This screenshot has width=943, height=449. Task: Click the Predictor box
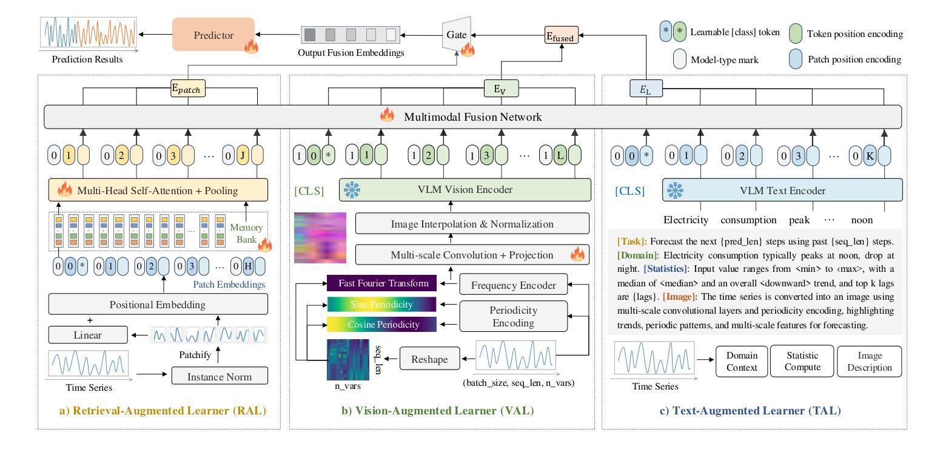[213, 35]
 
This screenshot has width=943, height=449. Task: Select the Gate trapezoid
[457, 35]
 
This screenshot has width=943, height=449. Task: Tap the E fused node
[562, 35]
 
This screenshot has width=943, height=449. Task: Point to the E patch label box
[188, 89]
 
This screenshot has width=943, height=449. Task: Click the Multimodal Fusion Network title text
[473, 116]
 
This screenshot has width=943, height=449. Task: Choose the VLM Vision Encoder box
[465, 189]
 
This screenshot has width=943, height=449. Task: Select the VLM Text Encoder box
[782, 190]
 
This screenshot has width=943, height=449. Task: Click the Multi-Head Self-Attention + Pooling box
[158, 190]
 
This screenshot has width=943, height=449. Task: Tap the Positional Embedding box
[158, 304]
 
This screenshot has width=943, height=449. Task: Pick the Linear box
[88, 335]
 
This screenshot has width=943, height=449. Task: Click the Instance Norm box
[220, 376]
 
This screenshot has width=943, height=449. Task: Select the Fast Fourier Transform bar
[382, 283]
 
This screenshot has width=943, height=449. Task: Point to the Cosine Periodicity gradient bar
[382, 325]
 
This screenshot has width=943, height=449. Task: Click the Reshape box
[429, 359]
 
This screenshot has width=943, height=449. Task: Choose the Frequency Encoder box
[513, 285]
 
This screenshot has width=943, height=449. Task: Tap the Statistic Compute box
[802, 361]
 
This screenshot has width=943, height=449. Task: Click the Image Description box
[870, 362]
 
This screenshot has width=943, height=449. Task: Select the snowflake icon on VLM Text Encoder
[675, 191]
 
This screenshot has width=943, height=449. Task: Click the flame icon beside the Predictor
[251, 46]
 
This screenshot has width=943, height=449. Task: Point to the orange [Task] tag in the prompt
[632, 241]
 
